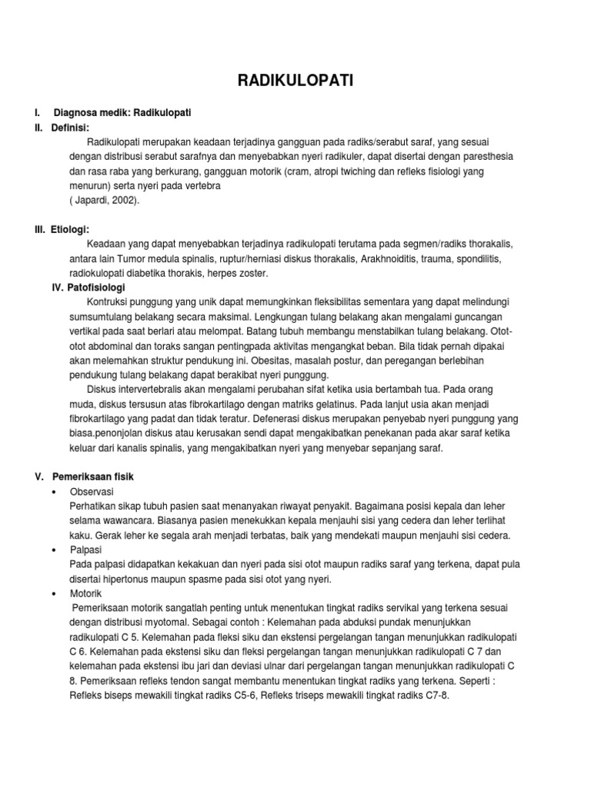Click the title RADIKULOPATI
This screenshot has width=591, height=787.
[295, 81]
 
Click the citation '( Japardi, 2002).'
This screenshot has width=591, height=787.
[105, 200]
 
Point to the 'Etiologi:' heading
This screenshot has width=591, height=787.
[72, 229]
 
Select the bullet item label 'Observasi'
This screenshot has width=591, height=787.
[91, 491]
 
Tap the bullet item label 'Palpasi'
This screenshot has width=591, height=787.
[86, 550]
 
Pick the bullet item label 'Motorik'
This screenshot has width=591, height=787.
[86, 593]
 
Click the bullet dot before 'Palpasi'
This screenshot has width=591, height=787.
[53, 550]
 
